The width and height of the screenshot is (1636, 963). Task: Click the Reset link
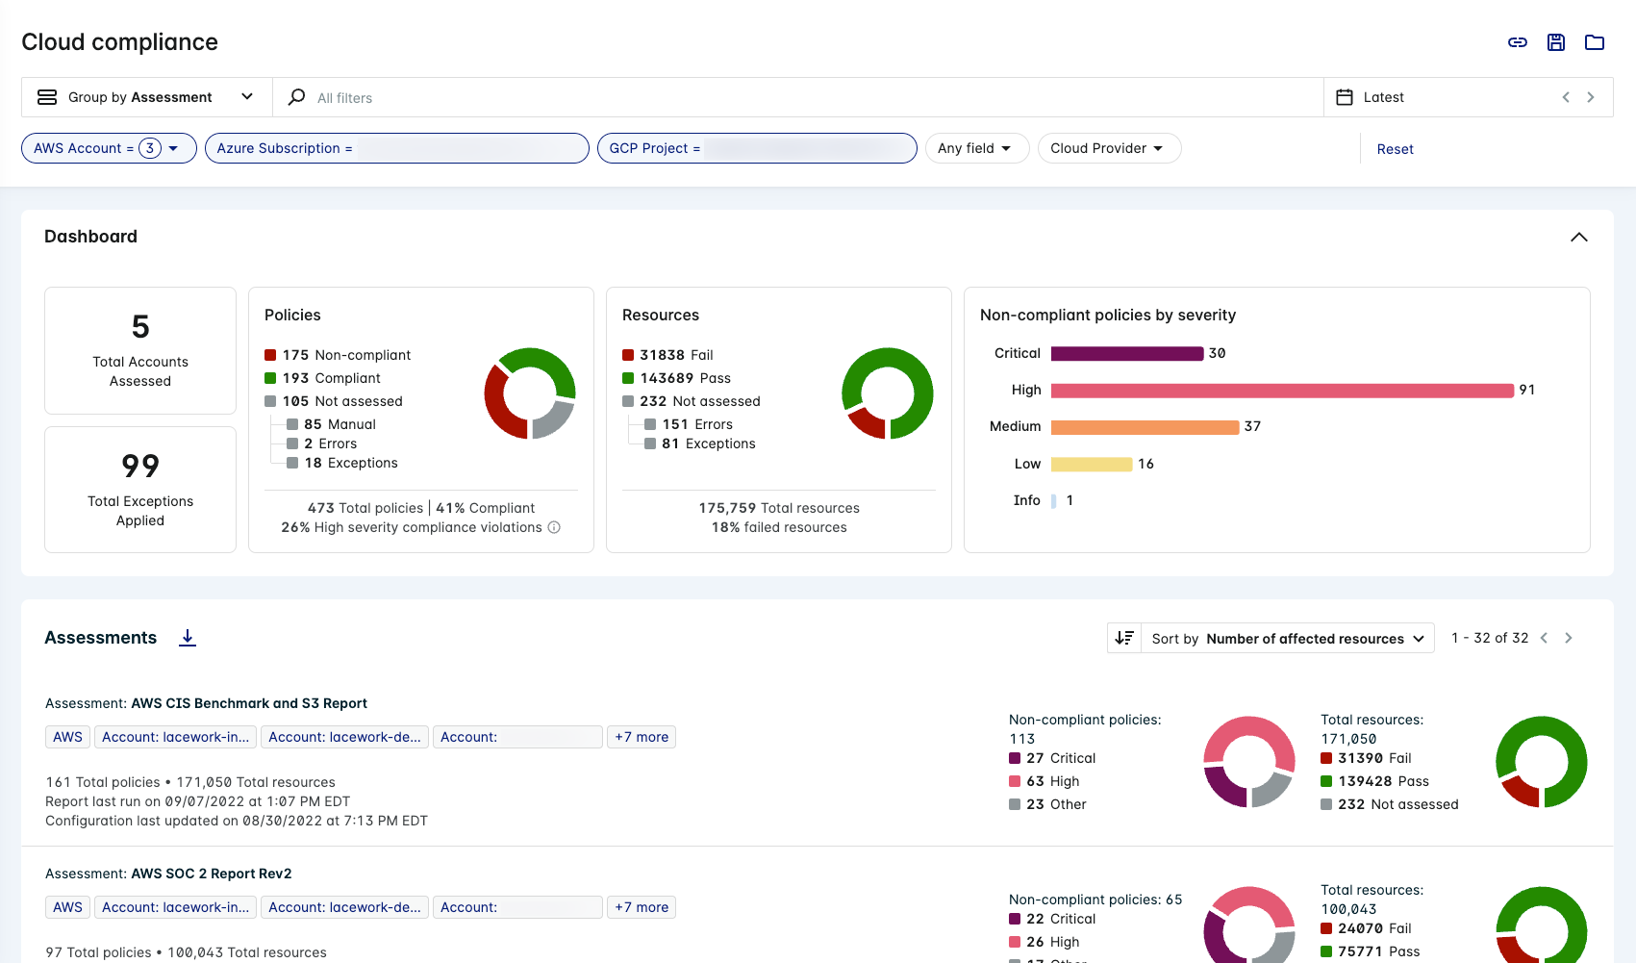pyautogui.click(x=1395, y=149)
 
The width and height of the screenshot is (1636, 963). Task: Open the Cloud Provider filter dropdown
pyautogui.click(x=1108, y=148)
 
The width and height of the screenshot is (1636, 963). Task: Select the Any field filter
pyautogui.click(x=975, y=148)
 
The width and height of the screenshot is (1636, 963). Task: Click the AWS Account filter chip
pyautogui.click(x=108, y=148)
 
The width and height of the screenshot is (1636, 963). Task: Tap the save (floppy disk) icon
pyautogui.click(x=1556, y=42)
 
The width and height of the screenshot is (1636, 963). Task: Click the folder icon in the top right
pyautogui.click(x=1595, y=42)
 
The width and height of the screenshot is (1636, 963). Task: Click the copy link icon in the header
pyautogui.click(x=1518, y=42)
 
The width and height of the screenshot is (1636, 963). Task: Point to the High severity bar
pyautogui.click(x=1281, y=390)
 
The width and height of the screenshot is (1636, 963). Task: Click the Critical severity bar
pyautogui.click(x=1126, y=353)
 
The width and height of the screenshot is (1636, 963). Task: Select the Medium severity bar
pyautogui.click(x=1145, y=427)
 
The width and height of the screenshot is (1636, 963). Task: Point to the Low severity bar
pyautogui.click(x=1091, y=464)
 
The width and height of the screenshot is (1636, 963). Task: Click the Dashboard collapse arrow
pyautogui.click(x=1578, y=237)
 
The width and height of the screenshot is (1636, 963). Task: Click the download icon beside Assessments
pyautogui.click(x=188, y=638)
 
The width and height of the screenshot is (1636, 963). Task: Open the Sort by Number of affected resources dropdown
pyautogui.click(x=1286, y=639)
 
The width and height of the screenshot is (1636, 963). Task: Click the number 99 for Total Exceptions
pyautogui.click(x=140, y=467)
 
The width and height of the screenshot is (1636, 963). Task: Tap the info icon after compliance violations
pyautogui.click(x=554, y=527)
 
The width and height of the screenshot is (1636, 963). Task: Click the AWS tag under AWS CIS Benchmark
pyautogui.click(x=67, y=737)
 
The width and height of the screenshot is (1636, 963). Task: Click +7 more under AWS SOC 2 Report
pyautogui.click(x=642, y=907)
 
